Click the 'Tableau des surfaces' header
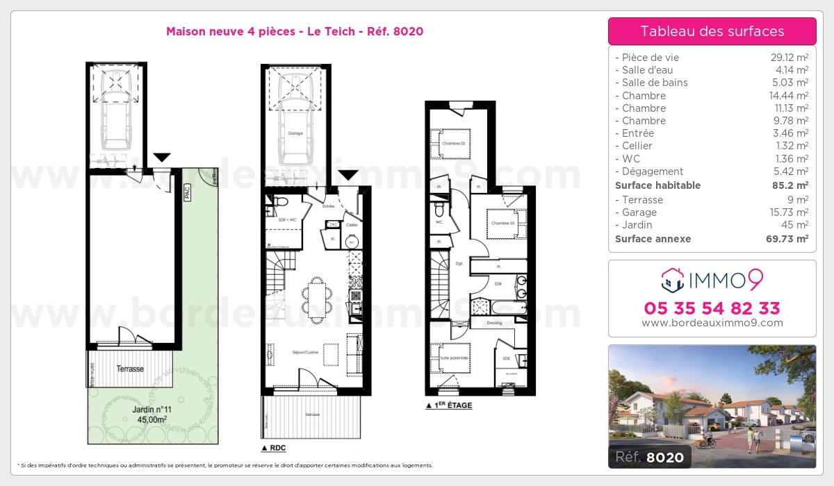tap(712, 31)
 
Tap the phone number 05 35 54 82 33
tap(712, 308)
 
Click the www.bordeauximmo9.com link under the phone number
tap(712, 323)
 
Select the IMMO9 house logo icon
tap(672, 280)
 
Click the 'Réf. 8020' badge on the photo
tap(650, 456)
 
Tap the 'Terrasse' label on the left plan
tap(130, 369)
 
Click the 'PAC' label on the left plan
tap(187, 195)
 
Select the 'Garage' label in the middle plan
tap(295, 133)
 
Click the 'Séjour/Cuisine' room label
tap(305, 353)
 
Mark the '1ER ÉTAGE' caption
tap(452, 405)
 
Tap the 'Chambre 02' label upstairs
tap(452, 144)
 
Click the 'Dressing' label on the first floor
tap(494, 323)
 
